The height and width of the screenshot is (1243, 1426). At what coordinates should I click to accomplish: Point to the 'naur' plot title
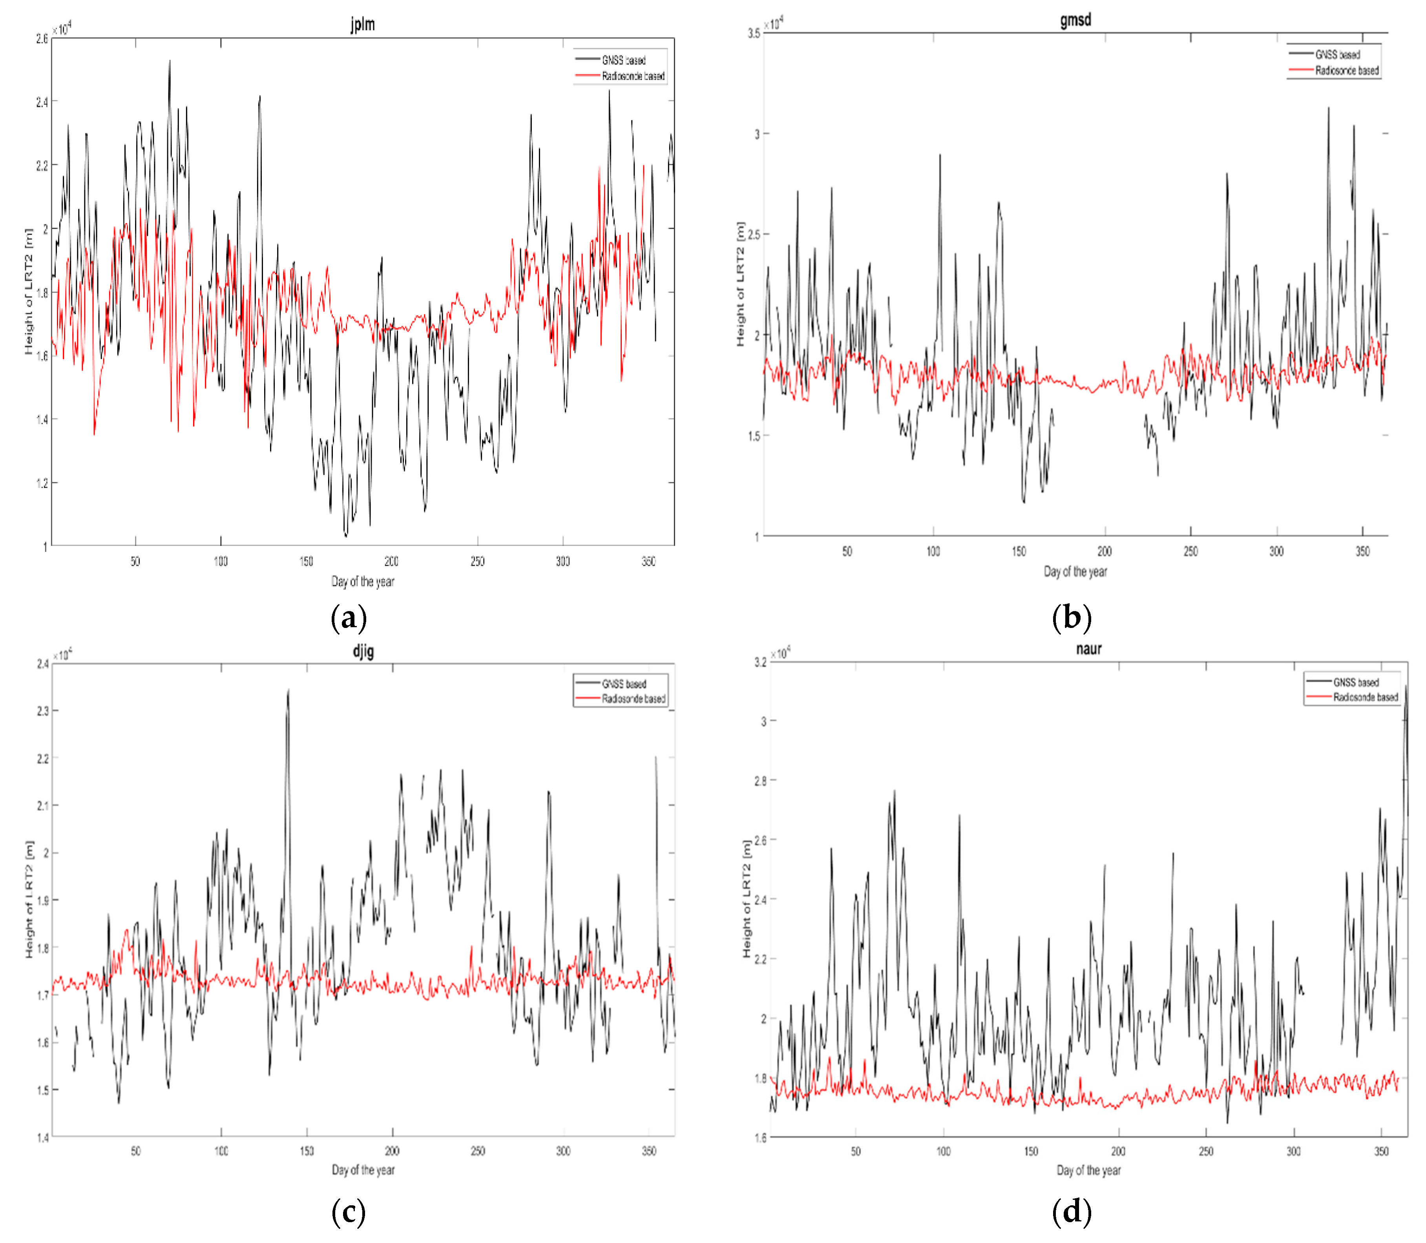[1088, 648]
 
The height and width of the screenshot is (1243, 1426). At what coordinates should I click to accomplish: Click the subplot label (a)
[348, 617]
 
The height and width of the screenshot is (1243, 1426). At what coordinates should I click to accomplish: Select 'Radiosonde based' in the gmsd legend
[1346, 70]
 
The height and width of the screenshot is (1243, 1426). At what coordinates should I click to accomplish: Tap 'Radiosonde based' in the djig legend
[633, 699]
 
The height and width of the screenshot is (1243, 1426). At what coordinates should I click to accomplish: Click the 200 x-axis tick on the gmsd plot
[1104, 551]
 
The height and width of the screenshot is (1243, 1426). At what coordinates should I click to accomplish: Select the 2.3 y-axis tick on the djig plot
[42, 711]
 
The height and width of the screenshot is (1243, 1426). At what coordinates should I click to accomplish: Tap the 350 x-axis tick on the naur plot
[1381, 1152]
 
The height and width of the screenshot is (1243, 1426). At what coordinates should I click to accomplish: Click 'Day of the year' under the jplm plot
[363, 581]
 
